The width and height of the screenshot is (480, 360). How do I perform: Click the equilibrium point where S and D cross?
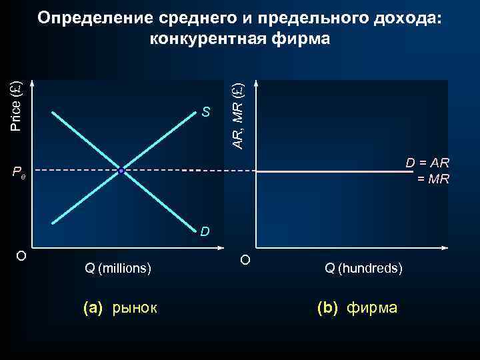[x=121, y=171]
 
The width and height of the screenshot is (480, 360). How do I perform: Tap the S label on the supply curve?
[x=206, y=112]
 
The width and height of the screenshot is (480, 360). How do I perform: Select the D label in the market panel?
[x=205, y=231]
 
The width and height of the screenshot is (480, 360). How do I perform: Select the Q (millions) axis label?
[x=118, y=269]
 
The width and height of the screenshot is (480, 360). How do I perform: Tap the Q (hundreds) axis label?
[x=363, y=269]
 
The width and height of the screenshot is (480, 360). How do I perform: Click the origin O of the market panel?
[x=21, y=256]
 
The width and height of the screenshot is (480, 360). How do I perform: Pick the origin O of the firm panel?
[x=245, y=259]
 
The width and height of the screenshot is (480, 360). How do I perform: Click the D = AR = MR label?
[x=427, y=170]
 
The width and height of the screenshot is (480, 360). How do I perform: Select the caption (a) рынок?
[x=119, y=308]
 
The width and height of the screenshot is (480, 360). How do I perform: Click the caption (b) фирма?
[x=357, y=308]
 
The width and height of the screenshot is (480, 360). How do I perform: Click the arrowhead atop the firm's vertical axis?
[x=256, y=84]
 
